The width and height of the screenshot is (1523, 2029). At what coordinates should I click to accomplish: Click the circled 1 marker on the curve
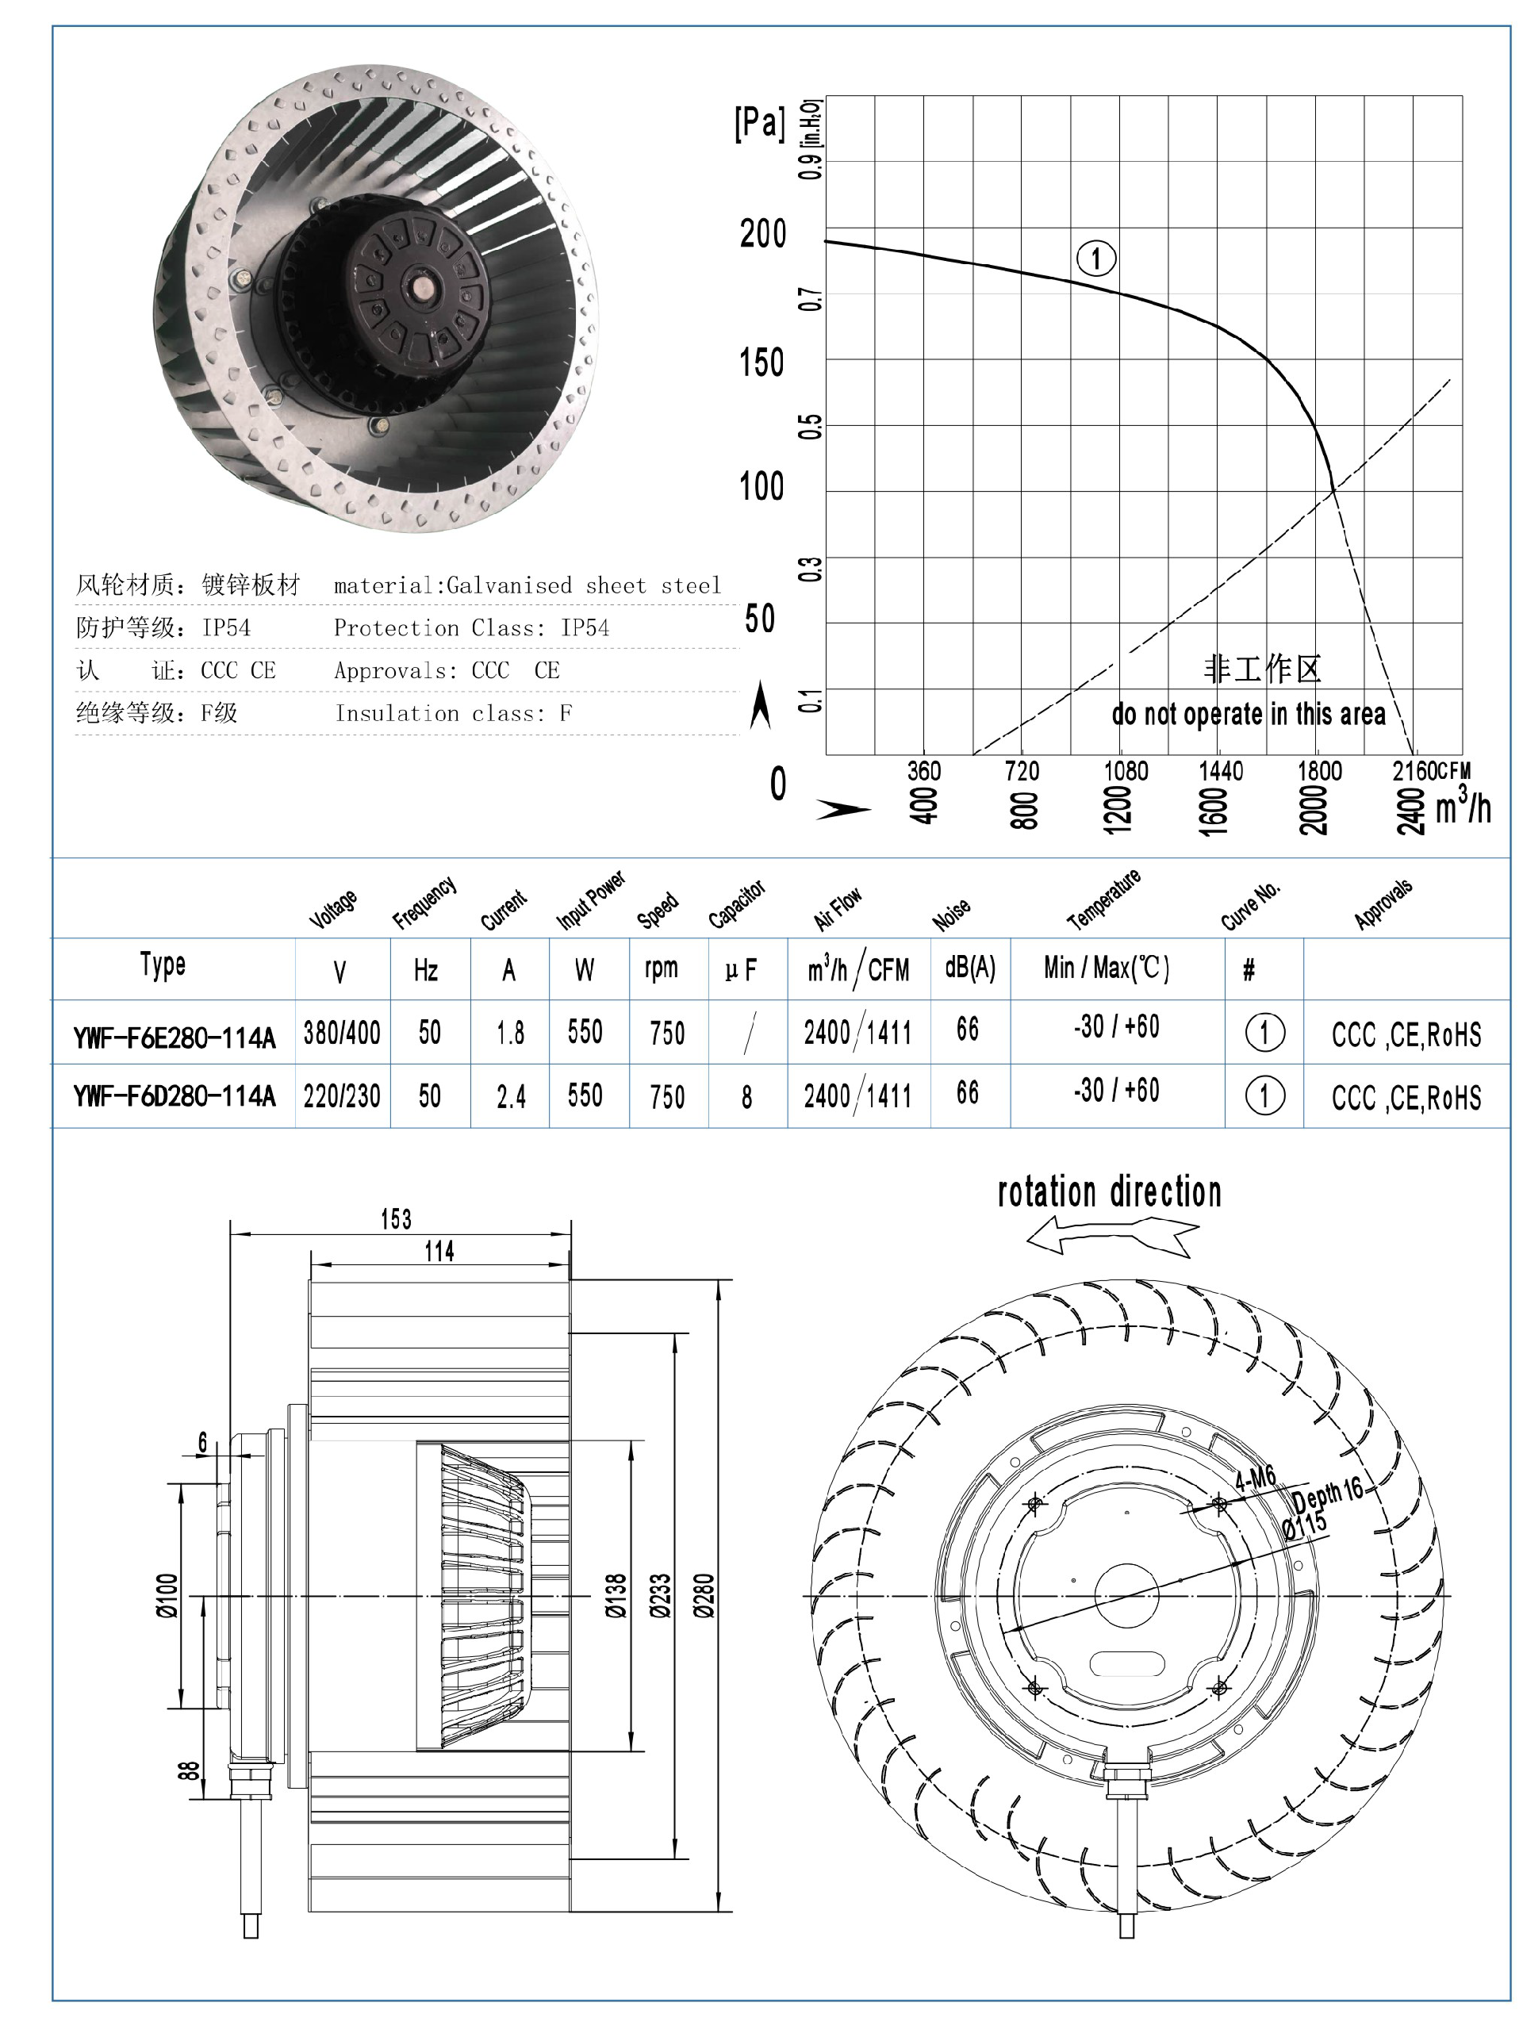click(1095, 258)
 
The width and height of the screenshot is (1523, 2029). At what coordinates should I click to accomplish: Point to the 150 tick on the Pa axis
click(761, 363)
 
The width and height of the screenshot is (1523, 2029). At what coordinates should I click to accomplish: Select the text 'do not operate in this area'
click(1248, 714)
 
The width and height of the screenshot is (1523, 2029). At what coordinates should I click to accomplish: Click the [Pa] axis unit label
click(760, 122)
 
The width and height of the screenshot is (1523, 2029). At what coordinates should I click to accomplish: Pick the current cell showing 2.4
click(511, 1096)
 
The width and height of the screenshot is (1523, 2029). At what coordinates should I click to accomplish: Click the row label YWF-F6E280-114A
click(175, 1038)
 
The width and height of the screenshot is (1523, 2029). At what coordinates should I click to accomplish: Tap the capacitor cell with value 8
click(746, 1096)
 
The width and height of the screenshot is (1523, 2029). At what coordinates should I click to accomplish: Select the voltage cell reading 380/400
click(341, 1034)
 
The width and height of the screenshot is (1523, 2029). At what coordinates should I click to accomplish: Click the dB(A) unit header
click(970, 968)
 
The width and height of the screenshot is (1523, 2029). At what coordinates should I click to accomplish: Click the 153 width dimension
click(397, 1219)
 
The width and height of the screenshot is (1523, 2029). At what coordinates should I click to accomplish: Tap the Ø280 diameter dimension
click(704, 1595)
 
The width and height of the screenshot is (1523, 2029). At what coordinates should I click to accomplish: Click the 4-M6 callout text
click(1254, 1479)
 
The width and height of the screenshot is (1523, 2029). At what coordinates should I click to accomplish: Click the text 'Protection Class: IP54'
click(470, 628)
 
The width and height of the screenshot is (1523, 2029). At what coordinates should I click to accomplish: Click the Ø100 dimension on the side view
click(167, 1595)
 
